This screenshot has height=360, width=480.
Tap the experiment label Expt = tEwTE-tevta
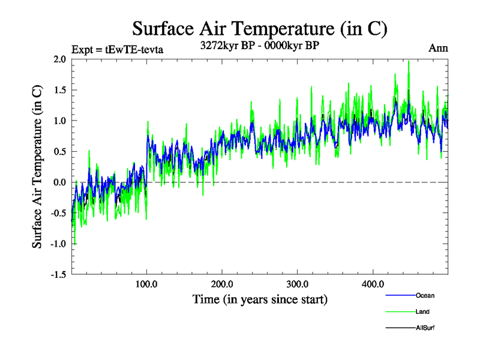coord(117,49)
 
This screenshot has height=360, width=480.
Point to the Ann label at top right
coord(438,48)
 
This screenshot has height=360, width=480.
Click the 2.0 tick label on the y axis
coord(59,59)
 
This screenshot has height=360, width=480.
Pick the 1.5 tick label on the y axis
coord(59,90)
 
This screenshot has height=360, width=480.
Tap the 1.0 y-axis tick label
coord(59,121)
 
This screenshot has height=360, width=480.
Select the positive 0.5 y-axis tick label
coord(59,151)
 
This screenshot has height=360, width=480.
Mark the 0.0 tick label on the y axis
coord(59,182)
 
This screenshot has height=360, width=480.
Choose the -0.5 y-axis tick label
coord(58,213)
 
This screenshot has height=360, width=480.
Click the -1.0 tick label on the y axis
coord(58,244)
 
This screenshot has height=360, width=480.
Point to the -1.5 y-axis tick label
coord(58,274)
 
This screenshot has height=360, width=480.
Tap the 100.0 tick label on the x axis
coord(147,284)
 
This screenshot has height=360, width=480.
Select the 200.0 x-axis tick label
coord(222,284)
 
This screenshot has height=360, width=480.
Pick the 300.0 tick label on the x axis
coord(298,284)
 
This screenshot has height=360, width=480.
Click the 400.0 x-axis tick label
coord(373,284)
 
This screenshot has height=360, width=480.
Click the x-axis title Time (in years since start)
coord(260,298)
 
